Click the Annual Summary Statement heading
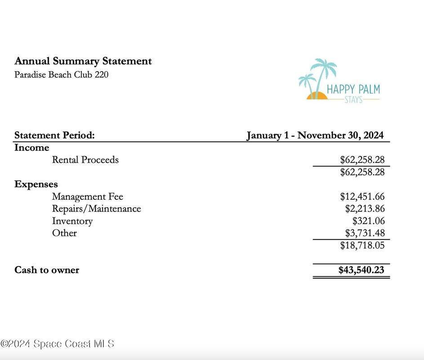(83, 61)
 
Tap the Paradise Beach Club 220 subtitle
(61, 75)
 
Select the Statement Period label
(54, 135)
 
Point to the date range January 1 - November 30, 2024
(315, 135)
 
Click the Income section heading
(31, 148)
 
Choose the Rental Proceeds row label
(85, 160)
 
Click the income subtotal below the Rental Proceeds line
(362, 172)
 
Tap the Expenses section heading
(36, 184)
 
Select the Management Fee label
(87, 197)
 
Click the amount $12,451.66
(362, 197)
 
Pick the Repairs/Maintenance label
(96, 209)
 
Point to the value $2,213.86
(365, 209)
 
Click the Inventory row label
(72, 221)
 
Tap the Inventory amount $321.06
(368, 221)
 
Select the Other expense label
(64, 233)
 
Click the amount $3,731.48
(365, 233)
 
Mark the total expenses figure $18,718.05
(362, 245)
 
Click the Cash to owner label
(47, 270)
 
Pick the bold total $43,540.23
(361, 270)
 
